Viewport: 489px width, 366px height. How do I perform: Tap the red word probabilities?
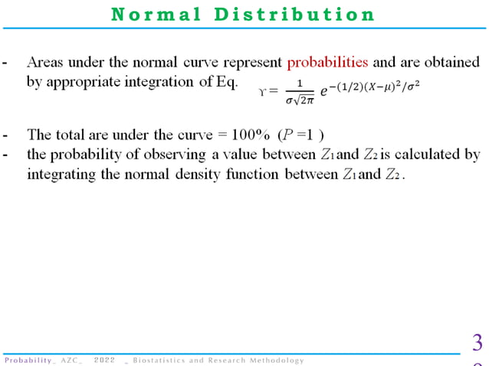[x=328, y=61]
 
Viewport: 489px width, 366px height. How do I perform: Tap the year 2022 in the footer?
[x=105, y=360]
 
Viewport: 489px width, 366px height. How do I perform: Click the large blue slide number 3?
[x=477, y=341]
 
